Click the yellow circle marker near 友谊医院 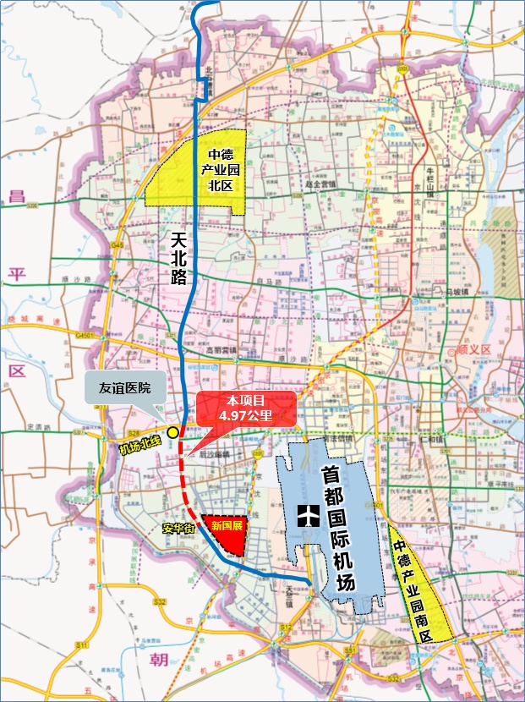[172, 431]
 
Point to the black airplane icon [307, 513]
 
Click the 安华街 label [178, 528]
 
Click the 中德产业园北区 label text [221, 170]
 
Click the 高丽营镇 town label [223, 349]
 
